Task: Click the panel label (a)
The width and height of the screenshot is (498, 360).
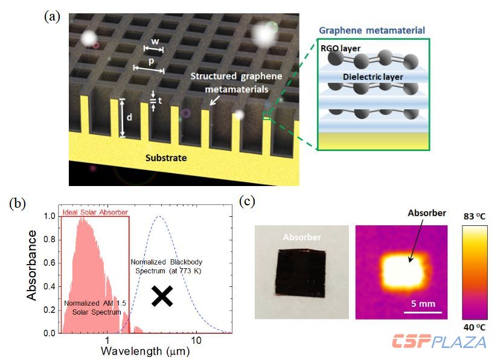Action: tap(52, 16)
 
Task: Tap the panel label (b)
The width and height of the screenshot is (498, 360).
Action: tap(17, 203)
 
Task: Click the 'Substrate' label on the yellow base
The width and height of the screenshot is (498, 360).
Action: tap(166, 158)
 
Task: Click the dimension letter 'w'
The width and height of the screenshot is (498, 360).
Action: tap(155, 42)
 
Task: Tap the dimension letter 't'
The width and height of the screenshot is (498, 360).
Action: tap(160, 101)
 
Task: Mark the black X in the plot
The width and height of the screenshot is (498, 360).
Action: tap(161, 295)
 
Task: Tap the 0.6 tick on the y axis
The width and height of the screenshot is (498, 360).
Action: tap(49, 262)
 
